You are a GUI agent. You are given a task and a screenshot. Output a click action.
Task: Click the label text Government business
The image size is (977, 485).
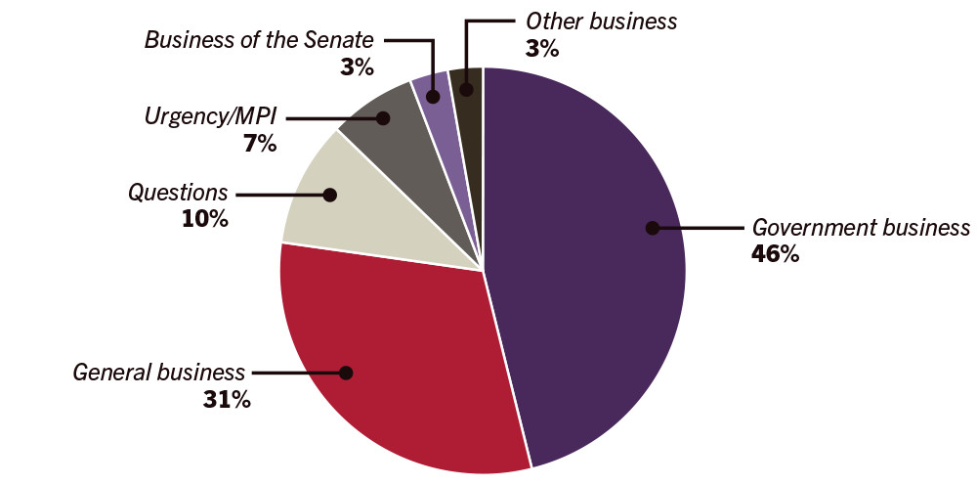tap(861, 228)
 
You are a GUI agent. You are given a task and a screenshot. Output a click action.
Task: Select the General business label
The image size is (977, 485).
tap(158, 372)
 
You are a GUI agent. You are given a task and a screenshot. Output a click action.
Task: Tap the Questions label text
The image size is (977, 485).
tap(178, 193)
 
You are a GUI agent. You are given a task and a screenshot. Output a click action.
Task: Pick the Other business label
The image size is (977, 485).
tap(601, 20)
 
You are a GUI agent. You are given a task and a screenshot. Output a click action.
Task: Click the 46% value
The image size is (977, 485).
tap(775, 254)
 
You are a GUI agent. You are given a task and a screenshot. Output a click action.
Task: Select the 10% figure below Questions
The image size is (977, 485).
tap(204, 219)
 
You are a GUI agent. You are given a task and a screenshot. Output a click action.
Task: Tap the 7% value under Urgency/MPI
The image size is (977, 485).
tap(261, 144)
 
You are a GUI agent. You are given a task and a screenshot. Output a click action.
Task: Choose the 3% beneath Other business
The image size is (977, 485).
tap(541, 46)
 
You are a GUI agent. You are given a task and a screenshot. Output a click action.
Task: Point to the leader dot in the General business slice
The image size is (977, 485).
tap(345, 373)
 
